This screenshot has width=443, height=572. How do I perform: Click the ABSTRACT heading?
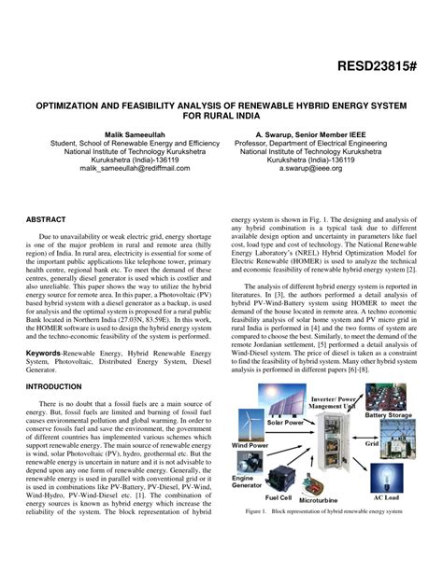pyautogui.click(x=46, y=219)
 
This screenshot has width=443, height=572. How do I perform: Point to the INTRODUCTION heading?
pyautogui.click(x=54, y=385)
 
